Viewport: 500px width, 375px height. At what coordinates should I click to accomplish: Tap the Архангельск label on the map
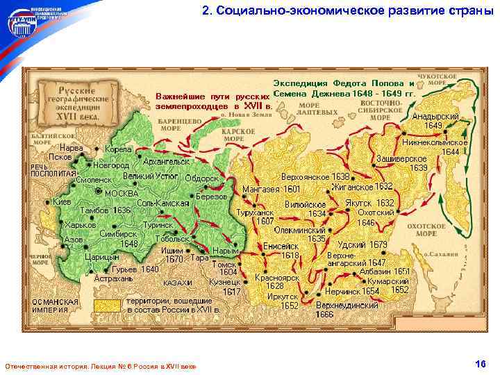click(166, 162)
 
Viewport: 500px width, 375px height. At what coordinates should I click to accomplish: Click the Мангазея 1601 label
click(271, 189)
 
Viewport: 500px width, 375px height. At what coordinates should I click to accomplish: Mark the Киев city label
click(62, 201)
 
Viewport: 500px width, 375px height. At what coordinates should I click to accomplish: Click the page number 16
click(479, 364)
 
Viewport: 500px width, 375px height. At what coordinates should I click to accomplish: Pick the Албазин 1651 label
click(385, 272)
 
